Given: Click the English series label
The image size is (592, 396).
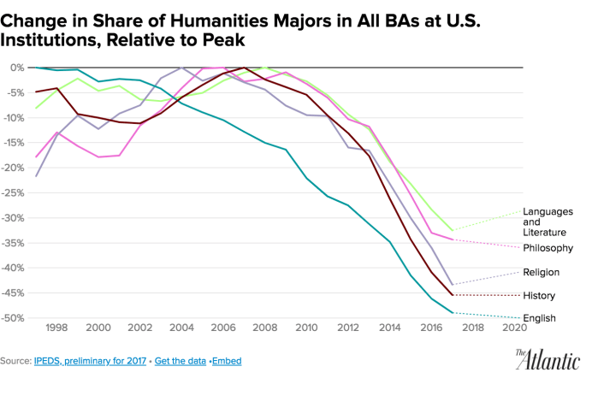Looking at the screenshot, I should click(541, 319).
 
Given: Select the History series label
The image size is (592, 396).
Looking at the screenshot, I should click(540, 296).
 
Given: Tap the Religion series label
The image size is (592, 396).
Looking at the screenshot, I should click(542, 272).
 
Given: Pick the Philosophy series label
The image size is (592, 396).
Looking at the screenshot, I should click(547, 248).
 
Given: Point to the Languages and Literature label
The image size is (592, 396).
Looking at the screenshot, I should click(548, 222).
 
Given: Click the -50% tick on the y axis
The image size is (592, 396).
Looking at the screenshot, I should click(14, 318).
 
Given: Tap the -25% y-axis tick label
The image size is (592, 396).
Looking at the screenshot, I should click(14, 192).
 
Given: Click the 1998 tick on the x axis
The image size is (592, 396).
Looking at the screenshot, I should click(56, 328).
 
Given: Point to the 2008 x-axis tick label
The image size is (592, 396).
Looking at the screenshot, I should click(263, 328).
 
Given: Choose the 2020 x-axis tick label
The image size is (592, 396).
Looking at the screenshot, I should click(513, 328).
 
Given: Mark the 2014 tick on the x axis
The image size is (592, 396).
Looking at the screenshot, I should click(388, 328).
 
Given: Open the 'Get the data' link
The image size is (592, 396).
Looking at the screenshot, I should click(181, 361).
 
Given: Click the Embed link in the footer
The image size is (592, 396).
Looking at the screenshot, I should click(228, 361).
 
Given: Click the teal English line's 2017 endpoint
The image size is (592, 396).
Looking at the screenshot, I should click(452, 313).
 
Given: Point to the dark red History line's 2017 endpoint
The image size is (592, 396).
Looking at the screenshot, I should click(452, 295).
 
